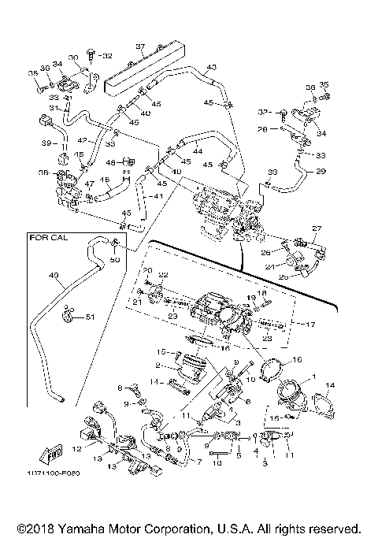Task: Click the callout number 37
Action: [x=139, y=46]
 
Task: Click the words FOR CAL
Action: [x=46, y=236]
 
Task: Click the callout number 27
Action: [x=316, y=229]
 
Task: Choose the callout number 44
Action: [x=197, y=150]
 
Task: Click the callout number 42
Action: [x=82, y=139]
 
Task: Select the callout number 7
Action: [x=198, y=463]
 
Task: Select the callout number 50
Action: [x=115, y=259]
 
